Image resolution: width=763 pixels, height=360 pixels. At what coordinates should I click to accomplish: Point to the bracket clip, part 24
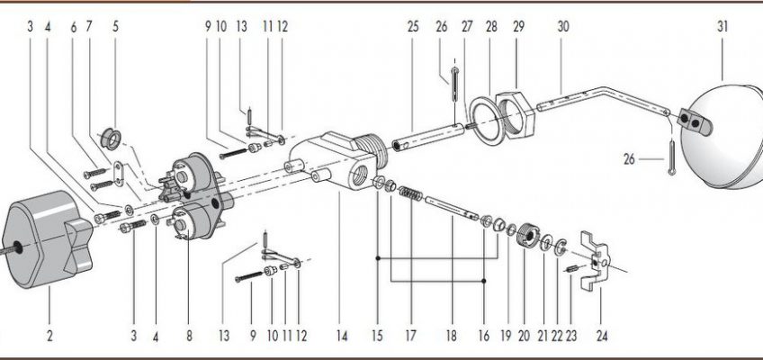click(x=597, y=259)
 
